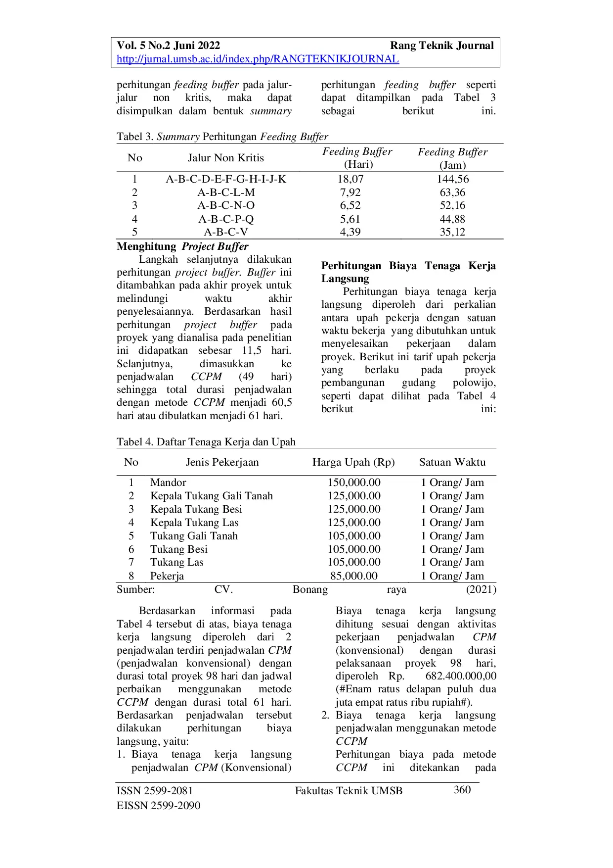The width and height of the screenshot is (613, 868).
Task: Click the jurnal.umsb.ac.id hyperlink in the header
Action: [x=258, y=59]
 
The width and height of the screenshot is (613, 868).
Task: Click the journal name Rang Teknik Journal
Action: [x=441, y=46]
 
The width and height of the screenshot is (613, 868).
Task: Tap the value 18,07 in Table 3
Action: [x=350, y=179]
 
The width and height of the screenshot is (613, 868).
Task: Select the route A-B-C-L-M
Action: [x=226, y=193]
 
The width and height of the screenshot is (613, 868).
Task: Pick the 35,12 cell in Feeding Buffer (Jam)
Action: [x=452, y=232]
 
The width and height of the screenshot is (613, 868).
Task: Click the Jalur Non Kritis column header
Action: [x=225, y=158]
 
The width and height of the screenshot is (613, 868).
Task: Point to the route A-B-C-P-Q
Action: [x=226, y=219]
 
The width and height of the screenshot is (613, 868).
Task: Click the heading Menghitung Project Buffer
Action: [x=182, y=246]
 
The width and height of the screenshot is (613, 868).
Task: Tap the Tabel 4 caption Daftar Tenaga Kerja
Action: [x=206, y=442]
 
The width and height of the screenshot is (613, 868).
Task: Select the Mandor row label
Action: [x=168, y=482]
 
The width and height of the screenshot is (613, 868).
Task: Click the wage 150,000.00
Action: [x=354, y=482]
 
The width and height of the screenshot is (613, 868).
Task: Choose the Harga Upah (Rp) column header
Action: [x=353, y=462]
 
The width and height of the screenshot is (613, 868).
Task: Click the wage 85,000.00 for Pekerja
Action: [x=354, y=576]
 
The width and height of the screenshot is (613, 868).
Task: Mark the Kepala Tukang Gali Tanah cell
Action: [x=212, y=496]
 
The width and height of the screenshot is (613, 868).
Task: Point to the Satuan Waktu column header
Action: [x=452, y=462]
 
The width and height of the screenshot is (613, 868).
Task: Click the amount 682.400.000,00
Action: [x=461, y=676]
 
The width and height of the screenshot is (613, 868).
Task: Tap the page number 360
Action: [x=462, y=790]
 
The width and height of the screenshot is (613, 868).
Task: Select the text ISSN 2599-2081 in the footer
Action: [x=155, y=791]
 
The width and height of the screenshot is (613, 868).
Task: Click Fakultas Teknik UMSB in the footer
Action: [x=349, y=791]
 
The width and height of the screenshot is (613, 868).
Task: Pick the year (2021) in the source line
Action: [x=481, y=589]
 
